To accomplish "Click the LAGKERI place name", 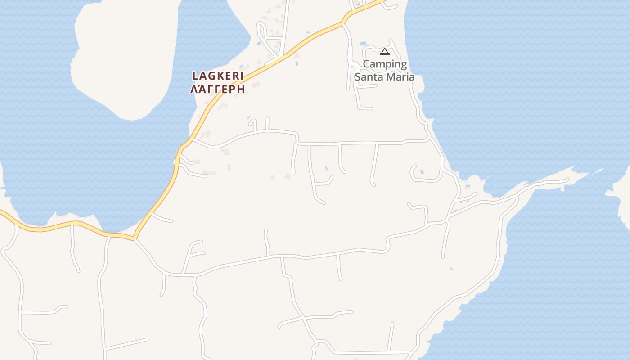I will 218,76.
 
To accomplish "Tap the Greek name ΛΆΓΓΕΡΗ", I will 218,89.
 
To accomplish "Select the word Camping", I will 385,64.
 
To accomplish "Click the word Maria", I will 401,77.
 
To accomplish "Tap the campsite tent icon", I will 384,51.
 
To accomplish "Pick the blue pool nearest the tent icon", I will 363,44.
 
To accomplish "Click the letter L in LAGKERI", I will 195,76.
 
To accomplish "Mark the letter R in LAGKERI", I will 235,76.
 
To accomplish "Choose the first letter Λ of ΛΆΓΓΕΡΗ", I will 194,89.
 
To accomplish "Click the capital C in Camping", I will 366,64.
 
